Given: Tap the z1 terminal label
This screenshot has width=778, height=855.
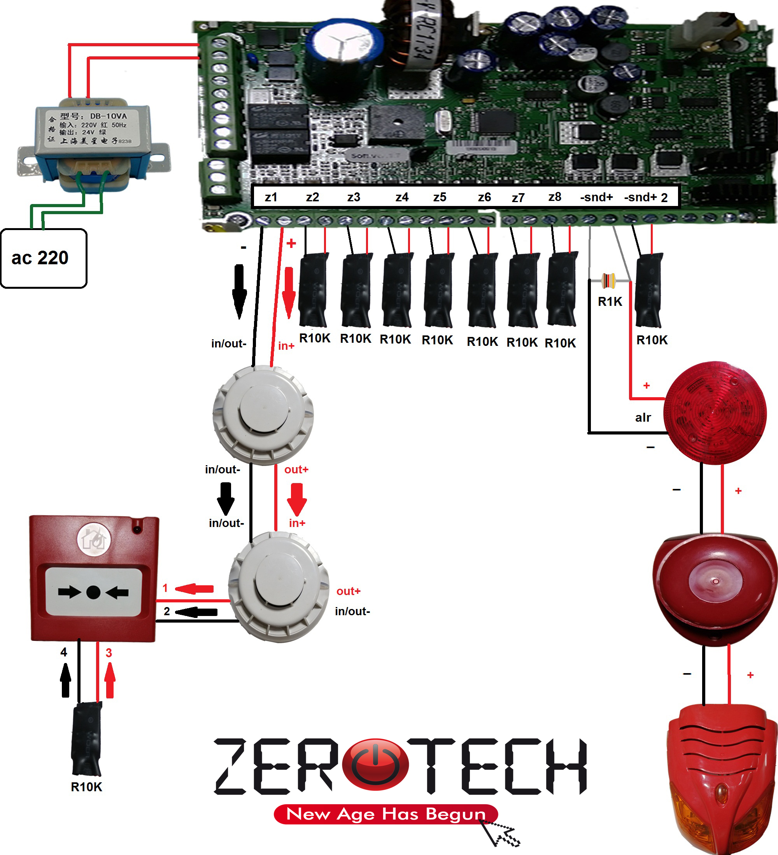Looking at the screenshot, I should [271, 197].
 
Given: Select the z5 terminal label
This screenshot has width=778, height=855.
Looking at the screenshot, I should [440, 197].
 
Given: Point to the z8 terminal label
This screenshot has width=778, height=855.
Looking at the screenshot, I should [554, 197].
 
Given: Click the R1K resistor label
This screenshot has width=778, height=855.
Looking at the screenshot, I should [610, 302].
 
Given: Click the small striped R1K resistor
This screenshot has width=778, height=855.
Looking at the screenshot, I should [609, 280].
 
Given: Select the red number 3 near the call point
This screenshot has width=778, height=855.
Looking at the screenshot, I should [109, 653].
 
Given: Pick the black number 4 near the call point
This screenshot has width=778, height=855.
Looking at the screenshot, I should [64, 652].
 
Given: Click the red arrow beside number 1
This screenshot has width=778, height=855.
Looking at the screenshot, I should [194, 589].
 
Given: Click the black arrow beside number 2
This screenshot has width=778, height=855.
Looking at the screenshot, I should [196, 612].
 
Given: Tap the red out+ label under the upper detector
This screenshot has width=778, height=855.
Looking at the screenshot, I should [296, 469].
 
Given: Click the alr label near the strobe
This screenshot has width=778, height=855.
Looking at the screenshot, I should [643, 418].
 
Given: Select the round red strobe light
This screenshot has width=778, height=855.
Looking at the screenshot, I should [716, 412].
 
